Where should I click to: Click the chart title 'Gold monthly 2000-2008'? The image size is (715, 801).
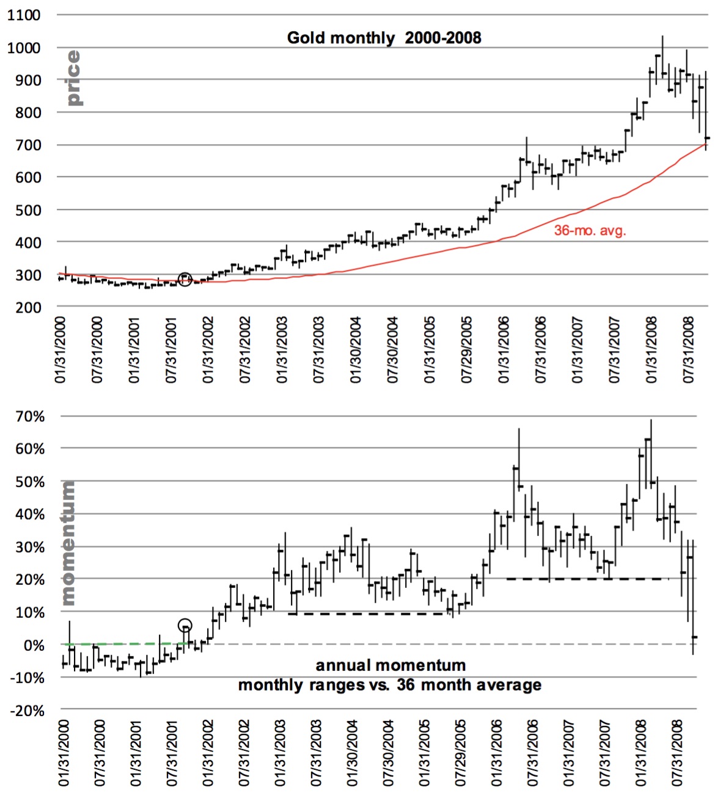click(x=384, y=38)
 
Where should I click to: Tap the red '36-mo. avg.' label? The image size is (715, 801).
click(x=590, y=230)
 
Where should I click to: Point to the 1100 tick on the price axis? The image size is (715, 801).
click(x=24, y=15)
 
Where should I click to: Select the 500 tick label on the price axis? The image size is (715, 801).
click(x=28, y=210)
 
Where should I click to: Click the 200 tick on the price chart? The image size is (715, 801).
click(x=28, y=308)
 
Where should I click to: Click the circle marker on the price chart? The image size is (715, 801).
click(x=185, y=279)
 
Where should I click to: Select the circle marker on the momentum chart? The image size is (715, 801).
click(x=185, y=625)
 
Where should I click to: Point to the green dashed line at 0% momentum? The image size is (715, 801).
click(x=122, y=643)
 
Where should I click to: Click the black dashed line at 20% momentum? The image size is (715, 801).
click(x=587, y=578)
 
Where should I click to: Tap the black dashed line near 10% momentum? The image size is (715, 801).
click(x=370, y=614)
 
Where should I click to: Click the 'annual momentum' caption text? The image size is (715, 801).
click(x=391, y=665)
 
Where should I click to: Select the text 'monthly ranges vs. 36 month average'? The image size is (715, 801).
click(x=389, y=685)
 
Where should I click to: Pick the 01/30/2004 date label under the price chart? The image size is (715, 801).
click(x=355, y=350)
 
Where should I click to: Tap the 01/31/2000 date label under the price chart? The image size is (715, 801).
click(x=60, y=350)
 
